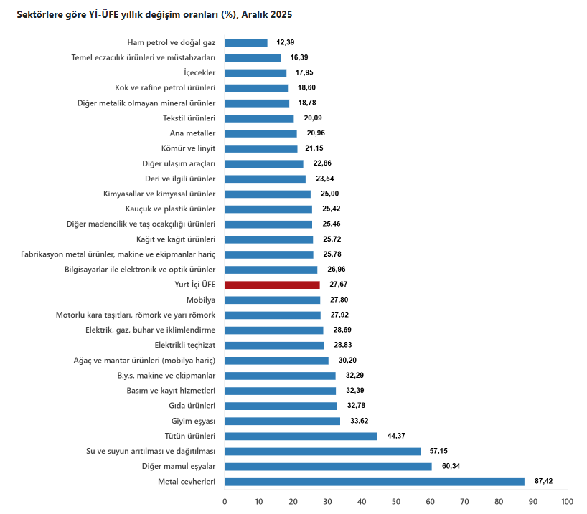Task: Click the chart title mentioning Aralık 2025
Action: click(x=154, y=14)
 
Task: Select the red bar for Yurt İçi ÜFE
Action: click(x=272, y=285)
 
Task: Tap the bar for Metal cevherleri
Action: click(x=374, y=482)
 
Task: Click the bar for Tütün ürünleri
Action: click(x=300, y=436)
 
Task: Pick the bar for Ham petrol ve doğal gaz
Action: click(x=245, y=43)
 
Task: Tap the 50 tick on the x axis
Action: click(x=396, y=501)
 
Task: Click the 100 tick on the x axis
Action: click(x=567, y=501)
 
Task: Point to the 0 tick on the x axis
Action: click(x=225, y=501)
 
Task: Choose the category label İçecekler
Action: click(x=199, y=73)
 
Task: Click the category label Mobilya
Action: click(x=201, y=300)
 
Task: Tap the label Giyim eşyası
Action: click(x=193, y=421)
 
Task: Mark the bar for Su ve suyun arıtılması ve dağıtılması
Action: click(x=322, y=451)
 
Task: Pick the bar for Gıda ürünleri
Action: click(x=281, y=406)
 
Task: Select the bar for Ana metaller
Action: click(x=260, y=133)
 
